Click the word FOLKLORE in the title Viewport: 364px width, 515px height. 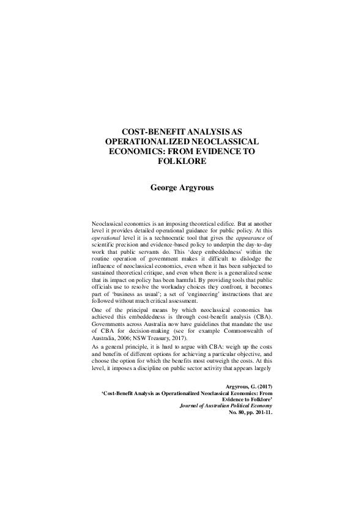(181, 161)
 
